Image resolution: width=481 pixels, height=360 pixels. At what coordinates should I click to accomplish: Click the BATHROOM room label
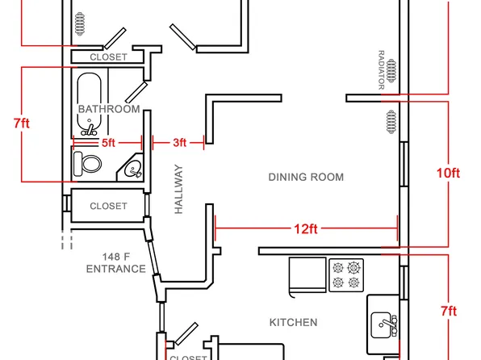tap(109, 109)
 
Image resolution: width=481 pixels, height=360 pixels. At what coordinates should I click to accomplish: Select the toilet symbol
tap(87, 164)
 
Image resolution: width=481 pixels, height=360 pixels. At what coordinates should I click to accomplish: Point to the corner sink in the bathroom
tap(132, 168)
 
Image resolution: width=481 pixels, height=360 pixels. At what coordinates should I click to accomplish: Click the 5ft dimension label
tap(108, 143)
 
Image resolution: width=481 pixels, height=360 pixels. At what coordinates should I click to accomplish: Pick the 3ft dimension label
tap(179, 143)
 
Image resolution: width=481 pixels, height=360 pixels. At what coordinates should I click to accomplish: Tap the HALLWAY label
tap(178, 189)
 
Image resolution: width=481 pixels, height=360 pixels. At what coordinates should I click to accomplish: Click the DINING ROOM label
tap(306, 177)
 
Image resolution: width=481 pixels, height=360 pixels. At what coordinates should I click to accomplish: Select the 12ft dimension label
tap(306, 229)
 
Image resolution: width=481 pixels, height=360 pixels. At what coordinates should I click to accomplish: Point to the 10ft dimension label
tap(448, 174)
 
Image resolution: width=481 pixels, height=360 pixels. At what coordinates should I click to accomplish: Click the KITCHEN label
tap(293, 322)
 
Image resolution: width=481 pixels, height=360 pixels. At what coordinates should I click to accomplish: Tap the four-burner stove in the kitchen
tap(346, 275)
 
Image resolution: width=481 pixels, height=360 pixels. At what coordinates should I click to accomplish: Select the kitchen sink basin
tap(381, 325)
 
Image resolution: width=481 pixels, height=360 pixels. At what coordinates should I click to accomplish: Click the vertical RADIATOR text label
tap(381, 70)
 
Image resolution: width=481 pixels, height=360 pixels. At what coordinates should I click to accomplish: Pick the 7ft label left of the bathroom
tap(22, 123)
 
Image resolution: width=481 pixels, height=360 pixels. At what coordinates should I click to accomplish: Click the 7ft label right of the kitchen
tap(449, 312)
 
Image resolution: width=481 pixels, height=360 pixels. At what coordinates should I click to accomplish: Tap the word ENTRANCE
tap(116, 269)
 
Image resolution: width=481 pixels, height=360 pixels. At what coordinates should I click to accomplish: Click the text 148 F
tap(116, 256)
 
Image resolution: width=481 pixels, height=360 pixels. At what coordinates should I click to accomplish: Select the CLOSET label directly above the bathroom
tap(108, 57)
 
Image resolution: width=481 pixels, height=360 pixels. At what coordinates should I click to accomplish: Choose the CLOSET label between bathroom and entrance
tap(108, 206)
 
